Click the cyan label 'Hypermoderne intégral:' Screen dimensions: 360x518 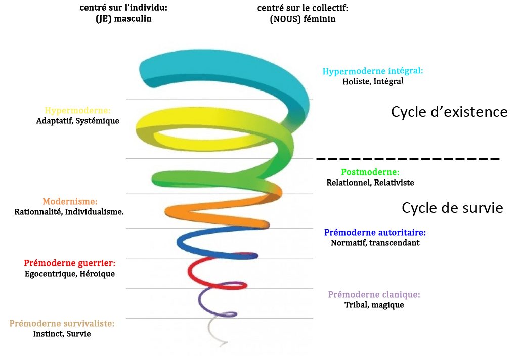(373, 71)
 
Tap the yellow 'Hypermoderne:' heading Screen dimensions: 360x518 (77, 110)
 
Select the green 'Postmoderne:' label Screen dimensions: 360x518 (370, 172)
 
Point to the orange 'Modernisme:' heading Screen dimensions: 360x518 (70, 201)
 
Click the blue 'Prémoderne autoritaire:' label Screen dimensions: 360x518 (375, 233)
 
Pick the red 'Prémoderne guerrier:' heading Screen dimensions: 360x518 (70, 263)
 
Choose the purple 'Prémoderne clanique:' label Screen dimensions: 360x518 (374, 295)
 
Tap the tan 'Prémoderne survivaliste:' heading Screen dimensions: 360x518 (62, 324)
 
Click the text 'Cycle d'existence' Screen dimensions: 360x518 (449, 112)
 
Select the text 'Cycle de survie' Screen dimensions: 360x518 (452, 208)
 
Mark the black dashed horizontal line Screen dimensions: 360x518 (408, 159)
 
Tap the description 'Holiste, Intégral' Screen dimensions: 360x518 (373, 81)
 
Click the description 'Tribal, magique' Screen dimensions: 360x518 (374, 305)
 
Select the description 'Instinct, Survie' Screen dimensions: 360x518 (62, 334)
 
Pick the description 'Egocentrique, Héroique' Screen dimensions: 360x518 (70, 274)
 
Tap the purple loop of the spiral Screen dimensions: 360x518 (203, 303)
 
